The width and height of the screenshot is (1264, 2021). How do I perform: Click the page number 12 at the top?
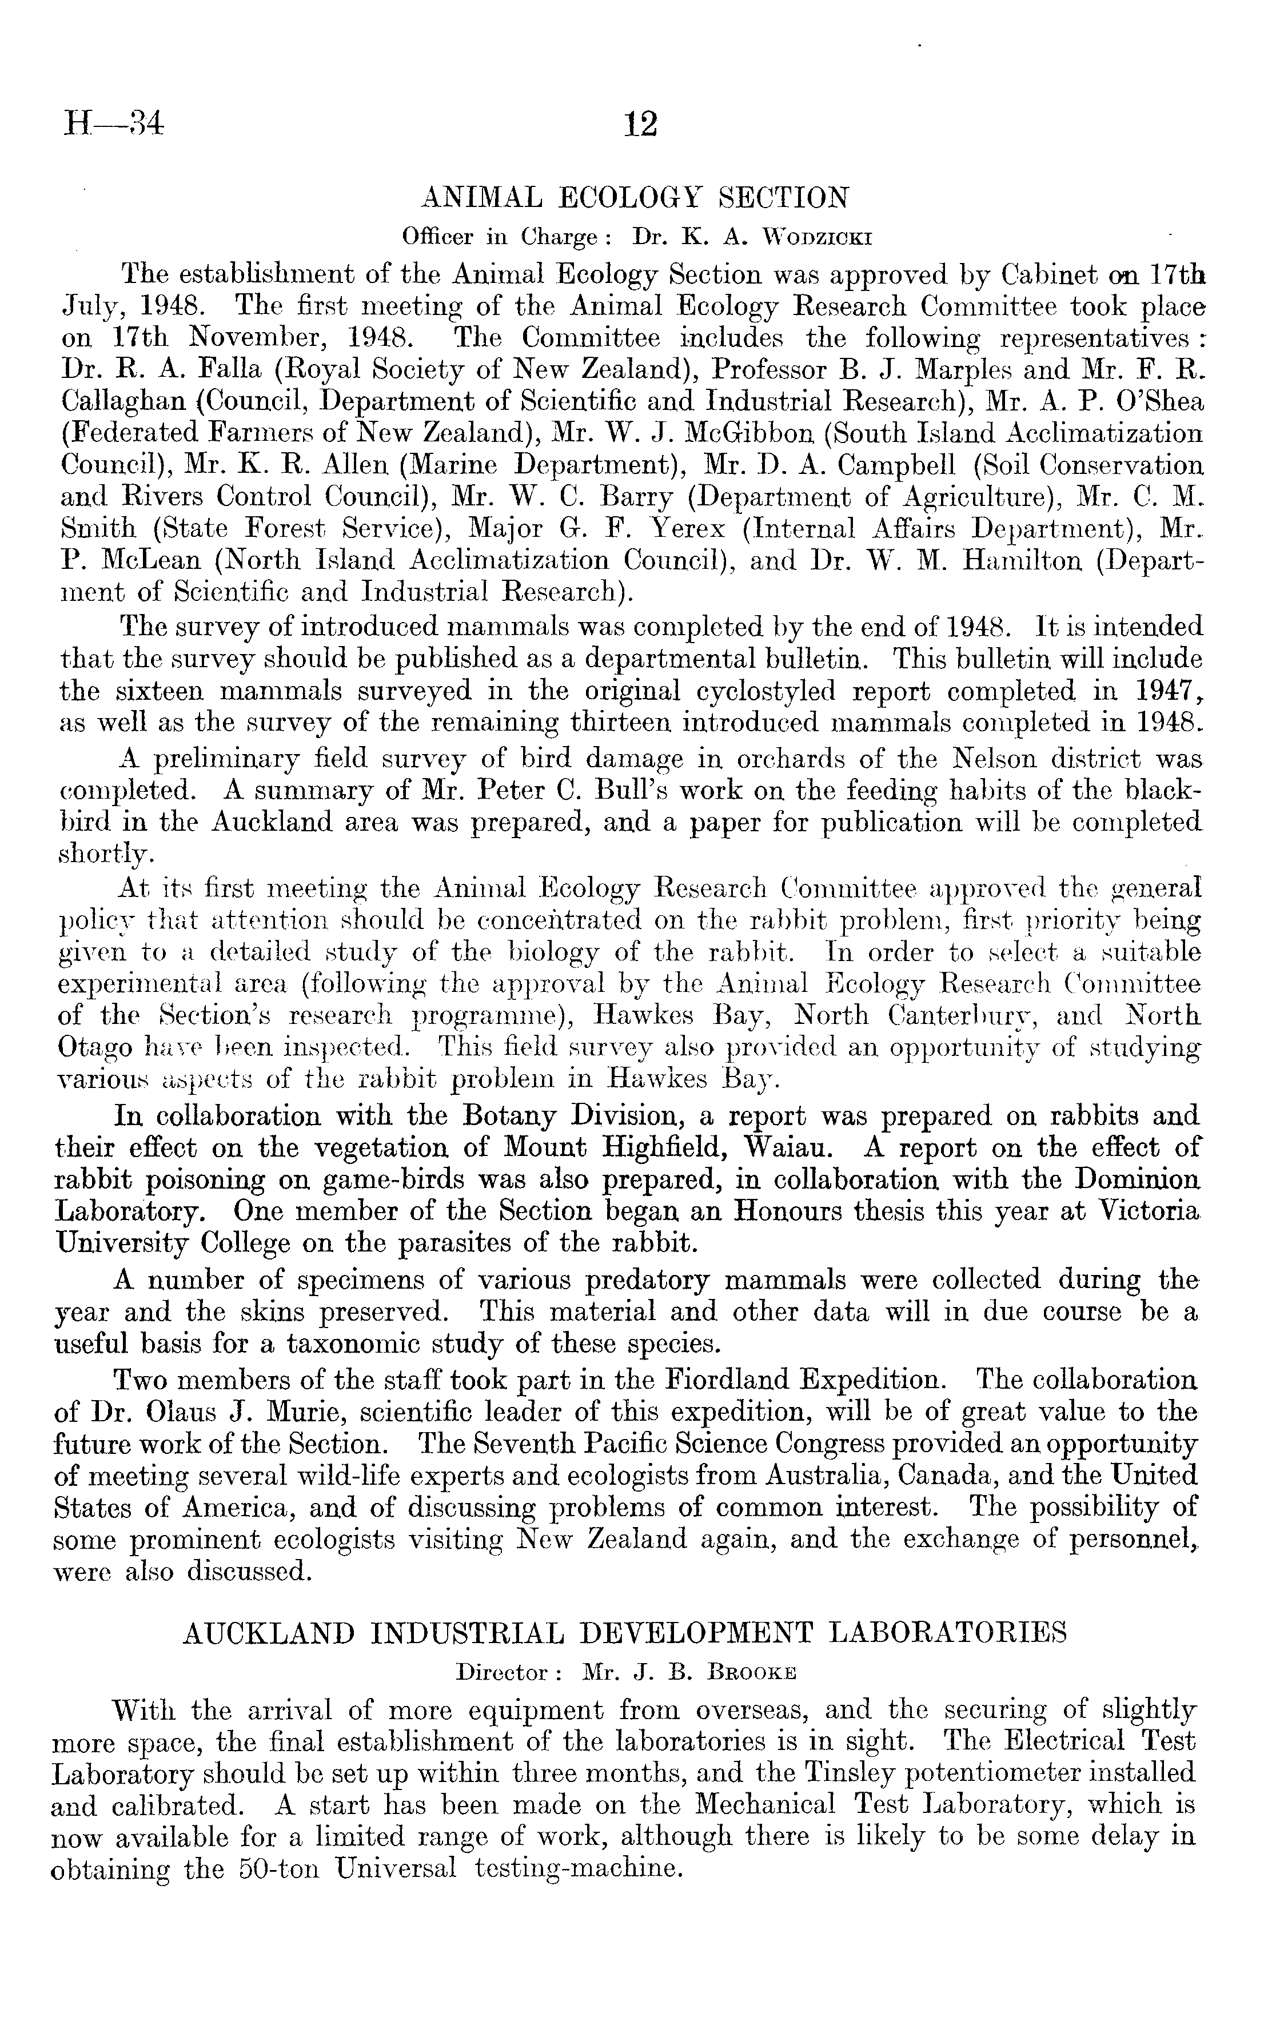pyautogui.click(x=641, y=125)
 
